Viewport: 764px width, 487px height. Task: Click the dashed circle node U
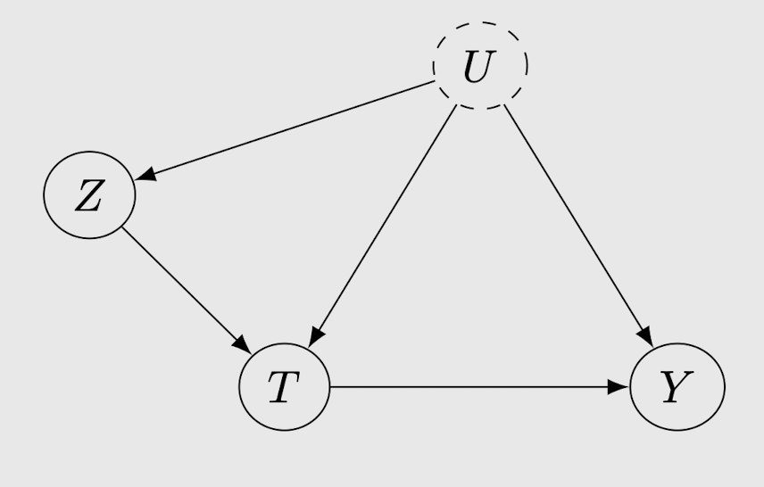[480, 65]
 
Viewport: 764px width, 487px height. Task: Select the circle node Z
[89, 195]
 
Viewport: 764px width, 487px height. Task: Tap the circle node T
[285, 387]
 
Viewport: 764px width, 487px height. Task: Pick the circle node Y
[677, 387]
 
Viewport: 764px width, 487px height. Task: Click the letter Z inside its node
[87, 198]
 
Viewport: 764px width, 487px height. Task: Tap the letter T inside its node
[282, 389]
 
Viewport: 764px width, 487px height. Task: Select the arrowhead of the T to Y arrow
[621, 387]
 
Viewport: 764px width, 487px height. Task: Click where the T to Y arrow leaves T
[331, 387]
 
